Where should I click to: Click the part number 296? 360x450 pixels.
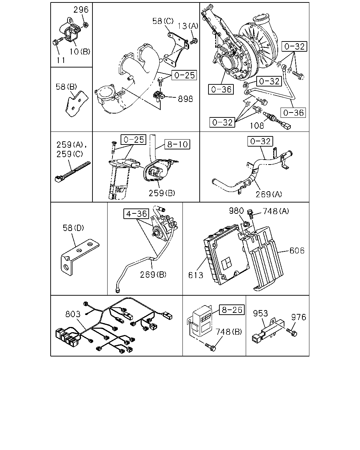pyautogui.click(x=81, y=9)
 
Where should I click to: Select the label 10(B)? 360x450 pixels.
pyautogui.click(x=80, y=51)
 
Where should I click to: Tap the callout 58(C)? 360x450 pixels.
pyautogui.click(x=163, y=21)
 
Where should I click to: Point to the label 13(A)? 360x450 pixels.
pyautogui.click(x=188, y=26)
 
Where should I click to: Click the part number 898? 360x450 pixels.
pyautogui.click(x=185, y=99)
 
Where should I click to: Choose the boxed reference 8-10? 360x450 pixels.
pyautogui.click(x=177, y=144)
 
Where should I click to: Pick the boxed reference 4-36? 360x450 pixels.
pyautogui.click(x=136, y=214)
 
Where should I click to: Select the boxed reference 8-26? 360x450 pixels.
pyautogui.click(x=232, y=310)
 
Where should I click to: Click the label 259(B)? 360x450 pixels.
pyautogui.click(x=162, y=193)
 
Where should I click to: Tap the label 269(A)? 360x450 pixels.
pyautogui.click(x=269, y=194)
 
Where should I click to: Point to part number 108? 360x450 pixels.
pyautogui.click(x=257, y=126)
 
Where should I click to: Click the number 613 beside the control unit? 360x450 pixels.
pyautogui.click(x=195, y=275)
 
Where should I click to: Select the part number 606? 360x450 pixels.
pyautogui.click(x=297, y=251)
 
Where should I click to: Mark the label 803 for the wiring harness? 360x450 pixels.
pyautogui.click(x=73, y=314)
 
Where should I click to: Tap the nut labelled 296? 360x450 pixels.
pyautogui.click(x=85, y=25)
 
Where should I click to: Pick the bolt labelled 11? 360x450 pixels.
pyautogui.click(x=58, y=41)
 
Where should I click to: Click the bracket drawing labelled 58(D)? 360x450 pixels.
pyautogui.click(x=80, y=257)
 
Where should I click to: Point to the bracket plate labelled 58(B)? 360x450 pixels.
pyautogui.click(x=77, y=104)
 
